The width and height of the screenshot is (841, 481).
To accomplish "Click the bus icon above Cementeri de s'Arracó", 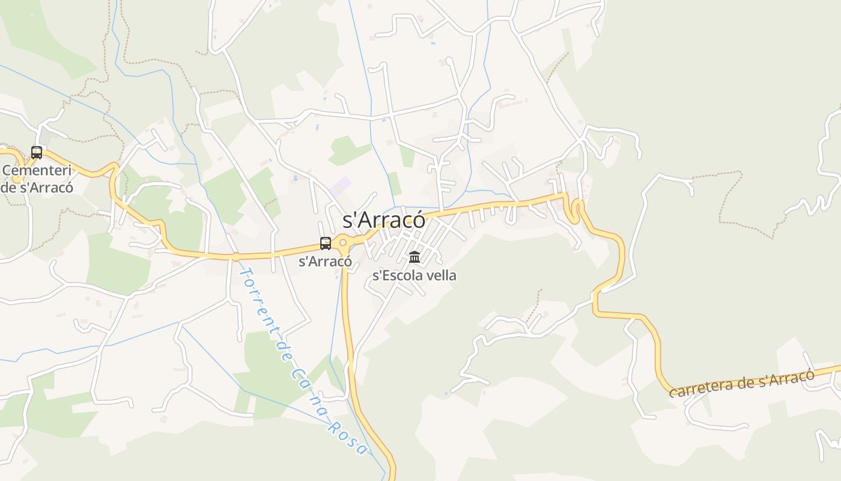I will click(x=37, y=153).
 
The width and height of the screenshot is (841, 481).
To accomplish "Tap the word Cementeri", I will click(x=37, y=170).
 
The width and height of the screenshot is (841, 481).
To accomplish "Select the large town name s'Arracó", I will click(x=384, y=220).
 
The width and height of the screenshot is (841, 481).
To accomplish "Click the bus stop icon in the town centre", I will click(x=326, y=244).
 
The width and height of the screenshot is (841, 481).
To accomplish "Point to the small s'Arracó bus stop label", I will click(x=325, y=262).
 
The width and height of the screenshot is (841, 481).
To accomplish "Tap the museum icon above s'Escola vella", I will click(x=414, y=257).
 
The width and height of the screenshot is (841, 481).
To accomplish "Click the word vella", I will click(x=440, y=276).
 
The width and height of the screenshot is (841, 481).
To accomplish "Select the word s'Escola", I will click(x=398, y=276).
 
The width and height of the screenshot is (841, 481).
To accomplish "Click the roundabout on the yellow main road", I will click(x=343, y=243).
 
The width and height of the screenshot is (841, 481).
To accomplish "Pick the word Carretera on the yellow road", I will click(x=700, y=388).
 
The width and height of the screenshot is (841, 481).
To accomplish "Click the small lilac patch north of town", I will click(x=340, y=186).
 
